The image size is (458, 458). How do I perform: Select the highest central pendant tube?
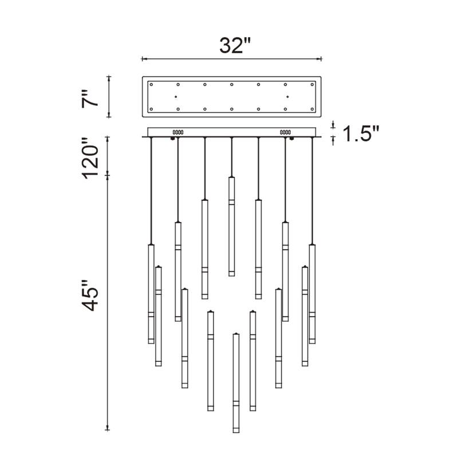[x=231, y=226]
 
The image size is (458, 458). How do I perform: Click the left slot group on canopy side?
[x=177, y=132]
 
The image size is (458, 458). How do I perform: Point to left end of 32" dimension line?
[x=143, y=58]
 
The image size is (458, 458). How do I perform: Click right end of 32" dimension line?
[x=322, y=58]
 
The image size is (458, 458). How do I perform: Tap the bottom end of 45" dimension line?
[x=108, y=429]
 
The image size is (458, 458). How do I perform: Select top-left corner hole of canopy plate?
[x=152, y=84]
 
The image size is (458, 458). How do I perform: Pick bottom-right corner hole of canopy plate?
[x=313, y=109]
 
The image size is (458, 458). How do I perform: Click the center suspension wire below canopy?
[x=231, y=157]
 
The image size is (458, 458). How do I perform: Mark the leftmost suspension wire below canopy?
[x=151, y=189]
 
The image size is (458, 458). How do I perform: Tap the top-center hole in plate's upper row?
[x=232, y=84]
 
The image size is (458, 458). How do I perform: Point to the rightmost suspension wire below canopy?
[x=313, y=189]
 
